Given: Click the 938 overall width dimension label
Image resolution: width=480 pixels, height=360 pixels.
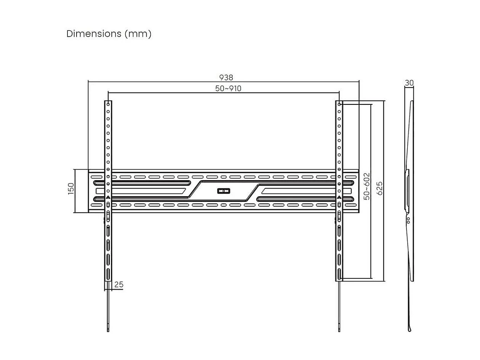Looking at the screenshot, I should pyautogui.click(x=226, y=78).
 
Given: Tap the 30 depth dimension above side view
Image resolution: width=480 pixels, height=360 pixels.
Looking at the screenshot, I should pyautogui.click(x=409, y=83).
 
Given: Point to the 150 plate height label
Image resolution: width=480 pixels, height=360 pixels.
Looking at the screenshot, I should pyautogui.click(x=71, y=189).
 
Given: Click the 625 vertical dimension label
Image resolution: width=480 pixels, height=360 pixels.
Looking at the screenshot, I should pyautogui.click(x=379, y=188).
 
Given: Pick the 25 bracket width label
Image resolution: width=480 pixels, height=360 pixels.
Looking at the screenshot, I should pyautogui.click(x=118, y=285).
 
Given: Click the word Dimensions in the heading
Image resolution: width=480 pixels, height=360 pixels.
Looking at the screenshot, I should pyautogui.click(x=94, y=34).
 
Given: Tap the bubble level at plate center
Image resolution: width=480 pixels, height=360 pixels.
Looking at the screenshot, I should pyautogui.click(x=224, y=191).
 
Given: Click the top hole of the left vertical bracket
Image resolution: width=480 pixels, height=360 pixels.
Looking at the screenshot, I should pyautogui.click(x=108, y=104).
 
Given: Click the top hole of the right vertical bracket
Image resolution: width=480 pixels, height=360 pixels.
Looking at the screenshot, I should pyautogui.click(x=339, y=104).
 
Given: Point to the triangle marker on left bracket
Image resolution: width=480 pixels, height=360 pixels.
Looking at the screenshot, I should pyautogui.click(x=108, y=198).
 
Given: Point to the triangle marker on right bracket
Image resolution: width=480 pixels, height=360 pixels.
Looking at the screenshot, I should pyautogui.click(x=339, y=198).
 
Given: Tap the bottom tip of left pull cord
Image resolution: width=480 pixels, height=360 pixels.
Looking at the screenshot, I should pyautogui.click(x=108, y=330).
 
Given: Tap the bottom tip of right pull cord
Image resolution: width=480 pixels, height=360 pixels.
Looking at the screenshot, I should pyautogui.click(x=339, y=330).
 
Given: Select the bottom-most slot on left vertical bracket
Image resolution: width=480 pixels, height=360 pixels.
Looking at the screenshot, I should pyautogui.click(x=108, y=274).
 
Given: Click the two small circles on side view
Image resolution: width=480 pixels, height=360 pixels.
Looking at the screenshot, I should pyautogui.click(x=408, y=220).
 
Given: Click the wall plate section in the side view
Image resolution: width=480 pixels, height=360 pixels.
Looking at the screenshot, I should pyautogui.click(x=406, y=190).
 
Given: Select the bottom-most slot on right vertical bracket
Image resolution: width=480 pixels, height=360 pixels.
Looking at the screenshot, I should pyautogui.click(x=339, y=274).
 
